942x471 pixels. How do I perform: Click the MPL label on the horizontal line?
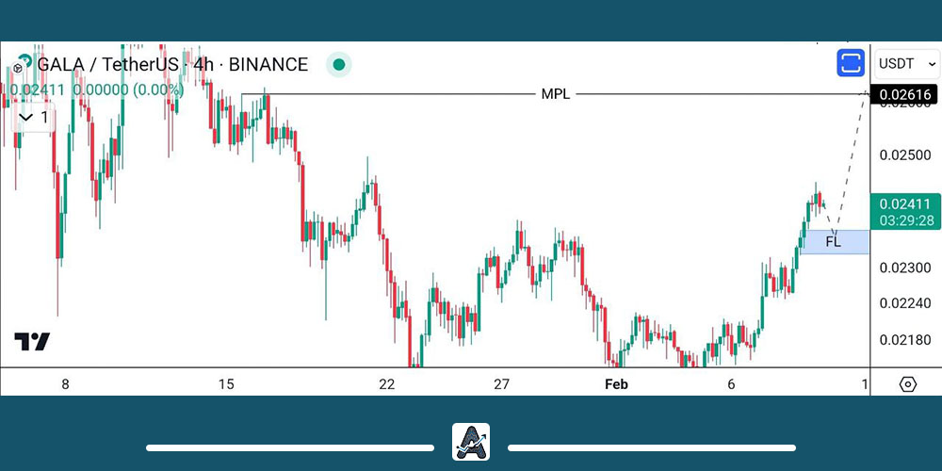555,94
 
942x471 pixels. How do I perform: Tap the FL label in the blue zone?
833,242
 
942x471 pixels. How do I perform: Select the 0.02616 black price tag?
904,94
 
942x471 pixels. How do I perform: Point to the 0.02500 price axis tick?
903,154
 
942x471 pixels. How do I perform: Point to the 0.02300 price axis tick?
903,268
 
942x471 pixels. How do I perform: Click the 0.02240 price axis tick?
903,303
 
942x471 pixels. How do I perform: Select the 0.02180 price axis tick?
903,339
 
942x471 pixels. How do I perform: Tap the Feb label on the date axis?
616,383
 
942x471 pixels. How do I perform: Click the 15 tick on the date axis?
226,383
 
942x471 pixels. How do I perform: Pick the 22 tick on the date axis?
386,383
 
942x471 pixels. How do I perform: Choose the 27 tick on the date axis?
501,383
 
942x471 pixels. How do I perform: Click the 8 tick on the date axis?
65,383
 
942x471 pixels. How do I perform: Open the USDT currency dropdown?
907,64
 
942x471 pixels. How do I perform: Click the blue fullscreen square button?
851,64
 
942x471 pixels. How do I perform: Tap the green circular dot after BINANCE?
339,65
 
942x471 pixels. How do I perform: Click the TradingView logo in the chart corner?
32,342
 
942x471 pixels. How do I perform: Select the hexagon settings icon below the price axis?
907,384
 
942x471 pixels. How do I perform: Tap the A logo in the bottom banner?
471,441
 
